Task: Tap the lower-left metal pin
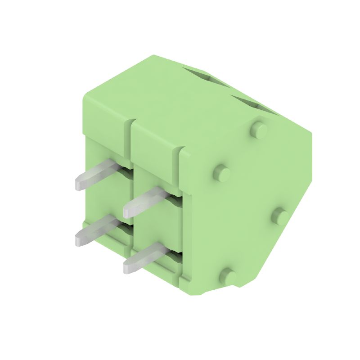coord(97,229)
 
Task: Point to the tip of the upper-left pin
coord(79,184)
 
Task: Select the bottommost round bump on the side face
coord(229,275)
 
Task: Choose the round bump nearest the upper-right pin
coord(221,172)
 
